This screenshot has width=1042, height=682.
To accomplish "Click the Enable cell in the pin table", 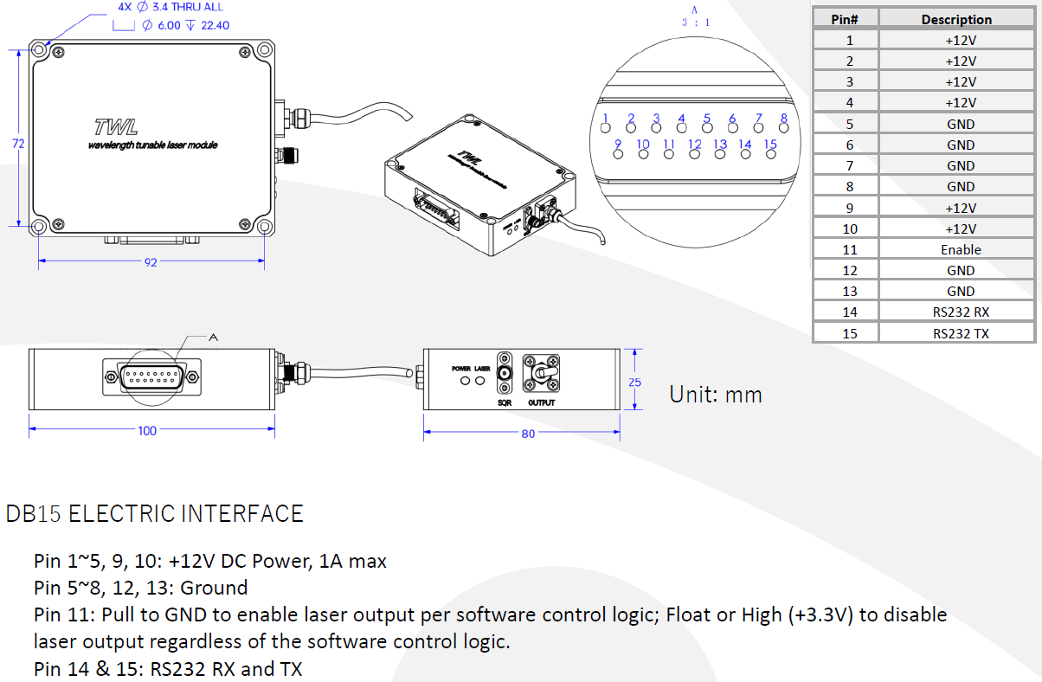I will click(x=961, y=249).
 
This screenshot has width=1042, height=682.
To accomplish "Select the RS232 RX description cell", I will click(x=961, y=312).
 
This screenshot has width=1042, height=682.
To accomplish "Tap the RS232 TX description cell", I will click(x=961, y=333).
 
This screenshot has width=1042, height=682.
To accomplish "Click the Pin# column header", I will click(x=845, y=19).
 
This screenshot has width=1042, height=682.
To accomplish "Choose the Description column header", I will click(x=956, y=19).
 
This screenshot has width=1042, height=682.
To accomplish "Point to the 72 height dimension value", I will click(x=18, y=144).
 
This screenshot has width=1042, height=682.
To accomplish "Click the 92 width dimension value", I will click(x=151, y=262).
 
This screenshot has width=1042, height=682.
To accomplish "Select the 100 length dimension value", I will click(x=147, y=430).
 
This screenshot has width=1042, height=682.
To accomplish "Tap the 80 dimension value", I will click(x=528, y=434).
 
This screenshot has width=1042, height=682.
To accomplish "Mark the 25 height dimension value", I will click(x=635, y=382).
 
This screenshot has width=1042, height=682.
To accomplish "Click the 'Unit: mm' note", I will click(x=716, y=395).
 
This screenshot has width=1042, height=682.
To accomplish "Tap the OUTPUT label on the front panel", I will click(x=542, y=402).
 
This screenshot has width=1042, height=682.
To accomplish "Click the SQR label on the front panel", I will click(x=504, y=402).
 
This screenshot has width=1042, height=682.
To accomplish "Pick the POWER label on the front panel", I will click(x=460, y=369).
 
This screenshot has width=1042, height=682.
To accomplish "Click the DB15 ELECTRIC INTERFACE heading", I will click(x=155, y=514).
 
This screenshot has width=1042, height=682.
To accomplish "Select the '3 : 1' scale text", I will click(x=696, y=23).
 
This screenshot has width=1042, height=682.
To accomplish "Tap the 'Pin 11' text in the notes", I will click(x=64, y=615).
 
